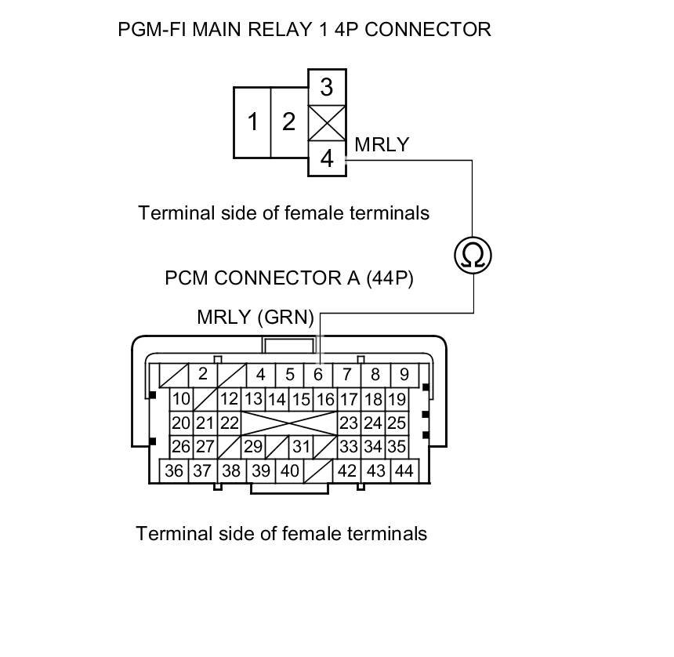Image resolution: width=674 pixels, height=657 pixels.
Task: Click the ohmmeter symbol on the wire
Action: pos(473,255)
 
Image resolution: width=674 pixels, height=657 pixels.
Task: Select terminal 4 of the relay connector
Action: pos(327,159)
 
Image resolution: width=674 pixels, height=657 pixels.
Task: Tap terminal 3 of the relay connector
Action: pos(327,85)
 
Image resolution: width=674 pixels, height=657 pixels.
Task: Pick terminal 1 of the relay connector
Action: pos(252,122)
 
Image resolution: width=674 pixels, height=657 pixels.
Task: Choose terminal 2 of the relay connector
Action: pos(289,122)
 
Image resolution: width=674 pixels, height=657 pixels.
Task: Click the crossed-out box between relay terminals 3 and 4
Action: pos(327,122)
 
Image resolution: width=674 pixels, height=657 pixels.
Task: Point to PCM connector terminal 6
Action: pos(318,375)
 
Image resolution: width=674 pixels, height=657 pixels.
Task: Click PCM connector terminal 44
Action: pos(404,470)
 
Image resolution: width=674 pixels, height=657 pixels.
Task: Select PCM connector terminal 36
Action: pos(174,470)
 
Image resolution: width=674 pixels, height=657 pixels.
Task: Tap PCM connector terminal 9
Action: pos(404,375)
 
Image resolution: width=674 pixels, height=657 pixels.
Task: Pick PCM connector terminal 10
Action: pos(181,399)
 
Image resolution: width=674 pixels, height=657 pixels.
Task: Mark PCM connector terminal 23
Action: pos(348,423)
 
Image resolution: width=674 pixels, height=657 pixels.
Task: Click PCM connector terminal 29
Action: pos(252,447)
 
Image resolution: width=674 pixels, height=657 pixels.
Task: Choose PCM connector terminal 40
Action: pos(290,470)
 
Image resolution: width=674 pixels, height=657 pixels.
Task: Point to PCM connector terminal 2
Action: pos(202,374)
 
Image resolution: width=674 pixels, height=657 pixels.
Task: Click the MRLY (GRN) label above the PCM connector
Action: pos(255,318)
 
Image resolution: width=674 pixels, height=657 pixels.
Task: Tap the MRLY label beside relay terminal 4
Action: pos(382,144)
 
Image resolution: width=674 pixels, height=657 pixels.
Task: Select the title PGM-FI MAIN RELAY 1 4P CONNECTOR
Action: pos(304,30)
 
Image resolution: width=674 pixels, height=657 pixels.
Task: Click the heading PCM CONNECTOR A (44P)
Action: pos(289,278)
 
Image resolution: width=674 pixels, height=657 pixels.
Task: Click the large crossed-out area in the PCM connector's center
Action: pos(289,423)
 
